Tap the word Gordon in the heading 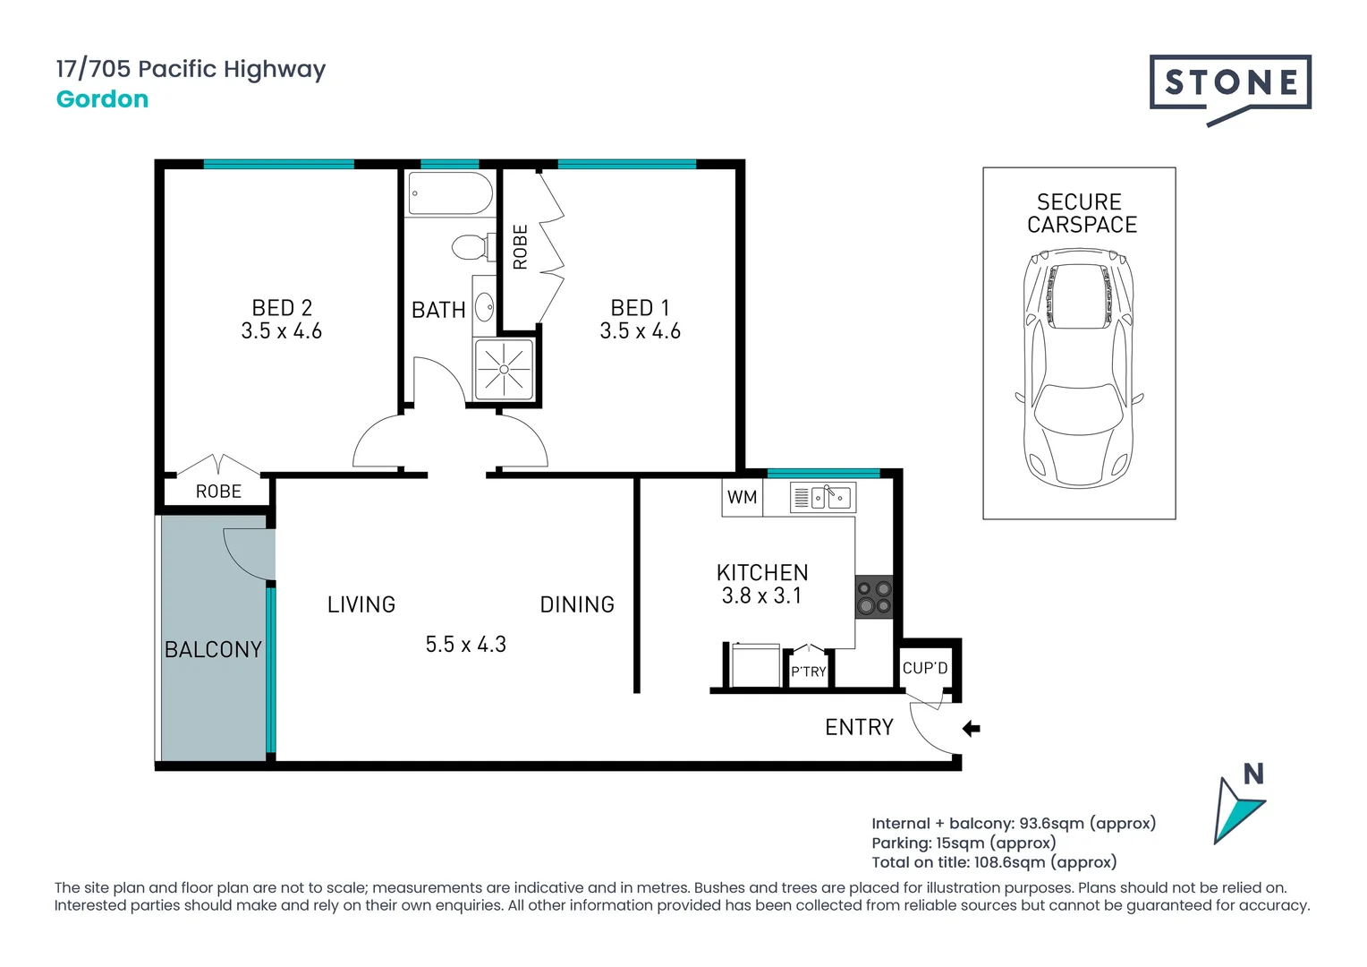point(103,99)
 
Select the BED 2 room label point(282,307)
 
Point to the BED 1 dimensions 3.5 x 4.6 point(641,331)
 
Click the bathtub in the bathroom point(450,193)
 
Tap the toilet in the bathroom point(473,247)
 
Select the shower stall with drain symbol point(504,369)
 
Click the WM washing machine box point(742,497)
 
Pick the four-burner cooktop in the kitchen point(874,597)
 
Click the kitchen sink point(823,497)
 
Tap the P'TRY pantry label point(809,672)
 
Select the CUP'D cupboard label point(925,668)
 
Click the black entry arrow point(972,728)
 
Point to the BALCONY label point(214,649)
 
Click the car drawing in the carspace point(1078,368)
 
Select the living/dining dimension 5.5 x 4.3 point(465,645)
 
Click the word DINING point(577,604)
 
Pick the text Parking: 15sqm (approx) point(964,843)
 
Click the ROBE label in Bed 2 point(218,492)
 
